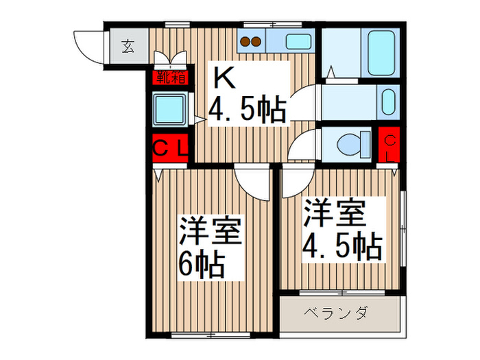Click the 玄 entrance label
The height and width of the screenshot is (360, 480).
(128, 47)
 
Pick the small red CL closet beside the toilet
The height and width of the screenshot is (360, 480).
(389, 145)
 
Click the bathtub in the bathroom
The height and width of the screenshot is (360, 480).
(381, 53)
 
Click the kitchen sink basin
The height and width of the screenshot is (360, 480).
(296, 41)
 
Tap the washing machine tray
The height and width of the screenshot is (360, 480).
(169, 108)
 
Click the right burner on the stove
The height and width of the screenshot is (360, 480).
(258, 41)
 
